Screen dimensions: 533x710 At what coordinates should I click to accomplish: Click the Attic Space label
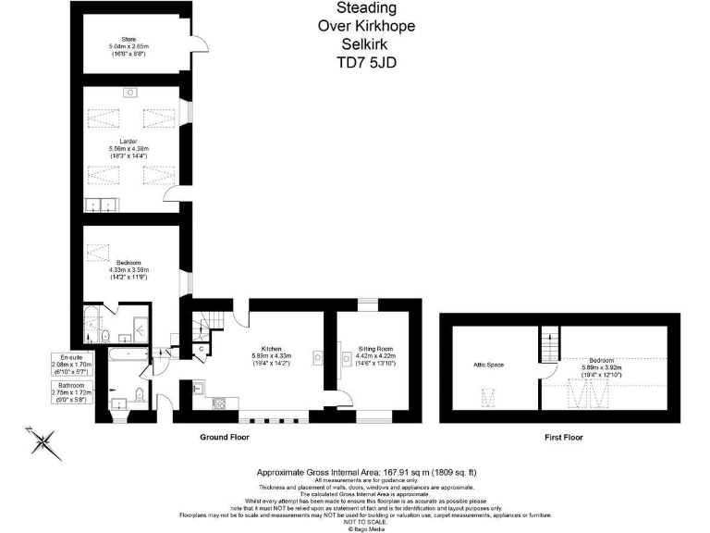click(488, 366)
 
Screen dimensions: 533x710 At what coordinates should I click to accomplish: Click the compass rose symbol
click(43, 442)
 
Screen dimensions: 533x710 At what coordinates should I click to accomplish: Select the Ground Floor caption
click(224, 436)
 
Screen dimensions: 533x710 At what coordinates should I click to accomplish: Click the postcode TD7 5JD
click(366, 64)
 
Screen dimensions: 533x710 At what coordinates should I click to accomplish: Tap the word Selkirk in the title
click(366, 44)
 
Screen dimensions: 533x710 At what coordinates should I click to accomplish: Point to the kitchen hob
click(219, 403)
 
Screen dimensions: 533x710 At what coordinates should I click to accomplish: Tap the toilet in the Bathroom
click(140, 396)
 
